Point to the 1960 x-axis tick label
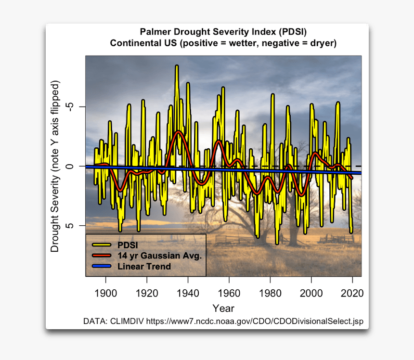click(229, 293)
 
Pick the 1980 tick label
click(271, 293)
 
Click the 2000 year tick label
click(311, 293)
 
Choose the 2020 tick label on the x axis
click(352, 293)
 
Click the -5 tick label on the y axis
click(72, 106)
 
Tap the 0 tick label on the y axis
click(72, 166)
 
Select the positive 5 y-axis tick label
click(72, 225)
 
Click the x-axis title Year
click(223, 308)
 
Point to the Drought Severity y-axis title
click(55, 167)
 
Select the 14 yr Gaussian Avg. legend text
click(159, 256)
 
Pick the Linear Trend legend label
click(144, 266)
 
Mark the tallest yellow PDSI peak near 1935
click(177, 66)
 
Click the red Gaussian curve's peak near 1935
click(179, 131)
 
